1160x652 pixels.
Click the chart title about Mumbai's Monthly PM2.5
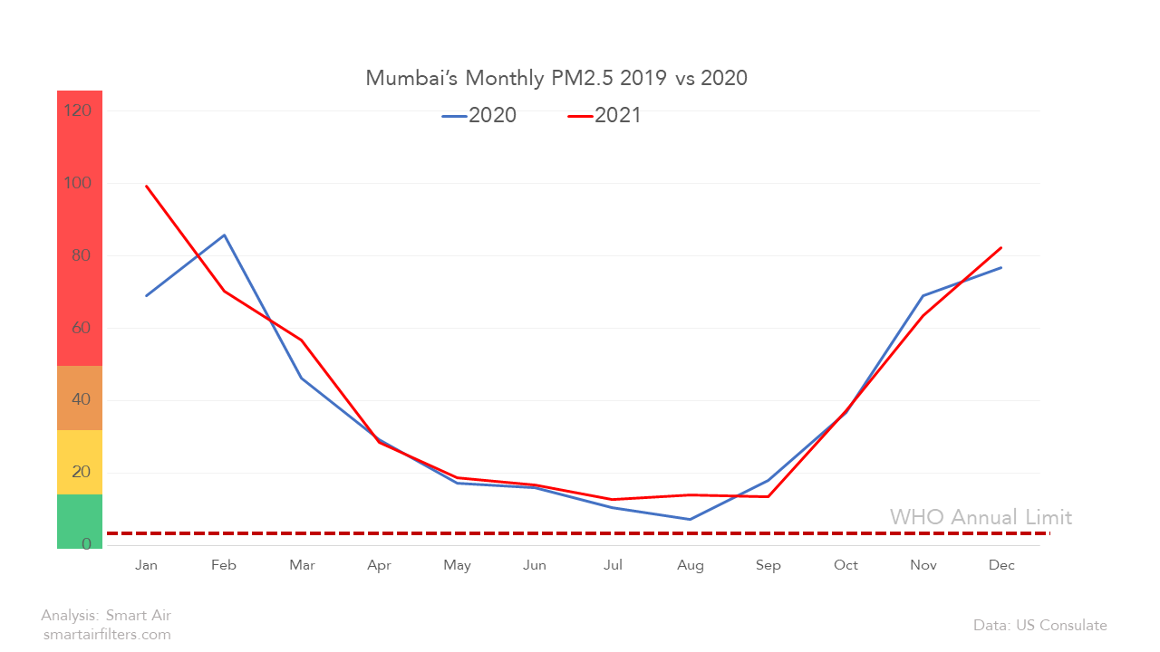coord(556,78)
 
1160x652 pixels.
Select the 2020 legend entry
coord(479,115)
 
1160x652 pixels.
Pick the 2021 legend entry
coord(604,115)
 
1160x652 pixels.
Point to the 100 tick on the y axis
coord(78,183)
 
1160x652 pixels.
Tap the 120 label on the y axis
coord(78,110)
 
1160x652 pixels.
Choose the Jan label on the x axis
coord(146,565)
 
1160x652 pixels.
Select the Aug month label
coord(691,565)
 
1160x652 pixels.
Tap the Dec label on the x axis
coord(1001,565)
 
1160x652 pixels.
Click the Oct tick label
coord(846,565)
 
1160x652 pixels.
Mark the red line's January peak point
coord(146,186)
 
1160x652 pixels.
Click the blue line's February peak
coord(224,235)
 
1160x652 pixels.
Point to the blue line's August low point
coord(691,519)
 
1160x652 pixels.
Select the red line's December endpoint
coord(1001,247)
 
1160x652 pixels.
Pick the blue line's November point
coord(923,295)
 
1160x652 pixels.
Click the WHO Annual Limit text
coord(981,517)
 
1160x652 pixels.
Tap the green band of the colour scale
coord(80,521)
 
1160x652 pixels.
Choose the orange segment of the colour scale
coord(80,398)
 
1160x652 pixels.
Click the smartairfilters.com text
coord(107,635)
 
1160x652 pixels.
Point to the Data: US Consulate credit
coord(1040,625)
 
